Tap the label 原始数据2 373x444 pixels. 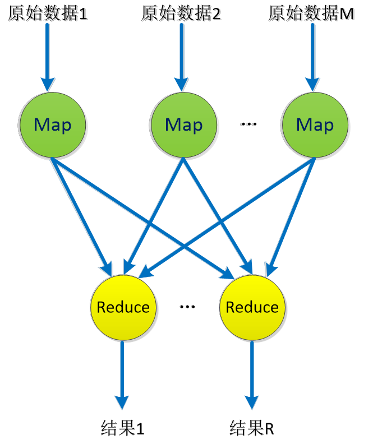[181, 12]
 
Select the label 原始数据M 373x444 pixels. [311, 12]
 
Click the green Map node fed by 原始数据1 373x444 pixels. [52, 124]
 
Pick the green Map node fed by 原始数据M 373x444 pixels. [315, 124]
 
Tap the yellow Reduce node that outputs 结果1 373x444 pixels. [123, 307]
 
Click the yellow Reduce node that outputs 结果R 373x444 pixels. [252, 307]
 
